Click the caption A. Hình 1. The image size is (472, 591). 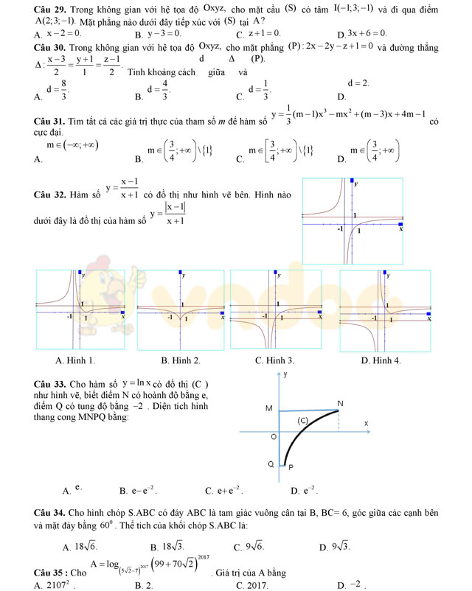pyautogui.click(x=75, y=360)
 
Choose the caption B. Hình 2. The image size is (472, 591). pyautogui.click(x=181, y=360)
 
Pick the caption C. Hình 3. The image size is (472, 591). pyautogui.click(x=274, y=360)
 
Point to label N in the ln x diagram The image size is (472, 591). pyautogui.click(x=340, y=403)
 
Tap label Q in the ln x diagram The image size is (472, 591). pyautogui.click(x=271, y=464)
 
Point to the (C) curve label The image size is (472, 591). pyautogui.click(x=302, y=420)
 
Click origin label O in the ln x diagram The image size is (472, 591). pyautogui.click(x=272, y=436)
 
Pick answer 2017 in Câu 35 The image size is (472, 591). pyautogui.click(x=251, y=585)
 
